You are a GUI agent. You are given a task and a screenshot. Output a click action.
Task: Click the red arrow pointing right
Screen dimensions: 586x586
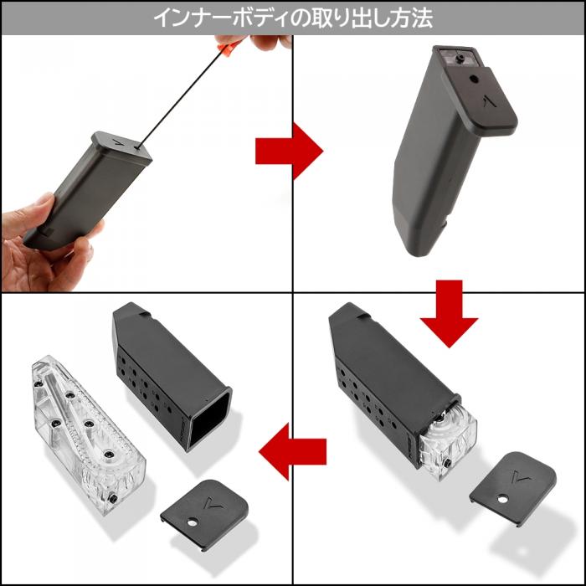click(287, 150)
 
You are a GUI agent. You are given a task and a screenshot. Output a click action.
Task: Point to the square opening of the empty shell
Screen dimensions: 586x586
click(210, 419)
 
